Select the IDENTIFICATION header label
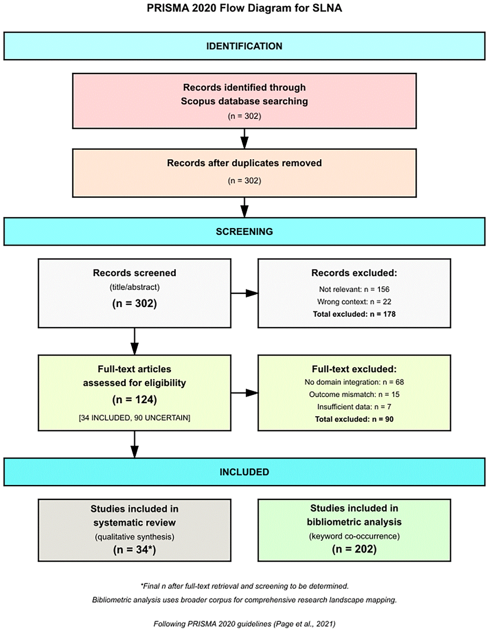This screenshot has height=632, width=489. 244,46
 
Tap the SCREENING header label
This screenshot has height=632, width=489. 244,232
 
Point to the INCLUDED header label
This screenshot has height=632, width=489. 244,472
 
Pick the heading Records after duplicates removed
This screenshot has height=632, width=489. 244,163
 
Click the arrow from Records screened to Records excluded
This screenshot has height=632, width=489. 244,293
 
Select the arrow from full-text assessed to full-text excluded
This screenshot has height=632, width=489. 244,393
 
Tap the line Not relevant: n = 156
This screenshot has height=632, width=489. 354,289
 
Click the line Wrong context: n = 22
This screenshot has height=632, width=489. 354,302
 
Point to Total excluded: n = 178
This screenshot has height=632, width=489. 354,314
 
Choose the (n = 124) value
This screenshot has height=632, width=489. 134,399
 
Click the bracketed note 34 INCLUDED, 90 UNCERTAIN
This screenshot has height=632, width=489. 134,418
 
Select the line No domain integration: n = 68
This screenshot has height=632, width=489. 354,382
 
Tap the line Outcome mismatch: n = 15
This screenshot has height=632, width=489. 354,394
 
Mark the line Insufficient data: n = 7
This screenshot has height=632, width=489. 354,407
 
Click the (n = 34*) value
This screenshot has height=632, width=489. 134,550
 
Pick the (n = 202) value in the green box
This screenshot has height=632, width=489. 354,549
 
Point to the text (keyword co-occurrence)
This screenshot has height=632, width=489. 354,536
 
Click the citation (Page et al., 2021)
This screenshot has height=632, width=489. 304,623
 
